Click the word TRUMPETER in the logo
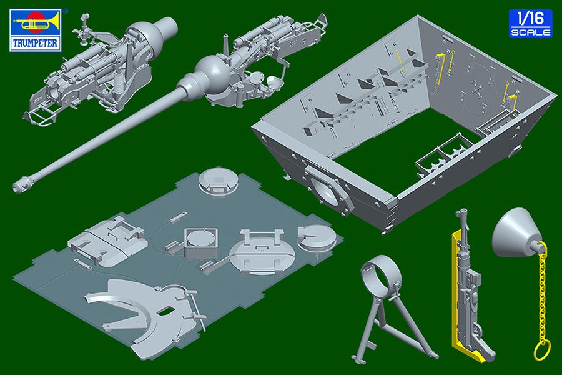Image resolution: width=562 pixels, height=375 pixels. [35, 43]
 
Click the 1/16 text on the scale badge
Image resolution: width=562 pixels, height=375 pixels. [530, 18]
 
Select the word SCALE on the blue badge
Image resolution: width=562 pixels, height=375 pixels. [531, 32]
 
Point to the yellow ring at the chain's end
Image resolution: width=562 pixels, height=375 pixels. [541, 351]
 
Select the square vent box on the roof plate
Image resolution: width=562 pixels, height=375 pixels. [200, 242]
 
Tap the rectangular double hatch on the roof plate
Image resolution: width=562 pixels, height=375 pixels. [107, 240]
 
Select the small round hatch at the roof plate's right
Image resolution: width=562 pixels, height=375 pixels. [317, 237]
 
